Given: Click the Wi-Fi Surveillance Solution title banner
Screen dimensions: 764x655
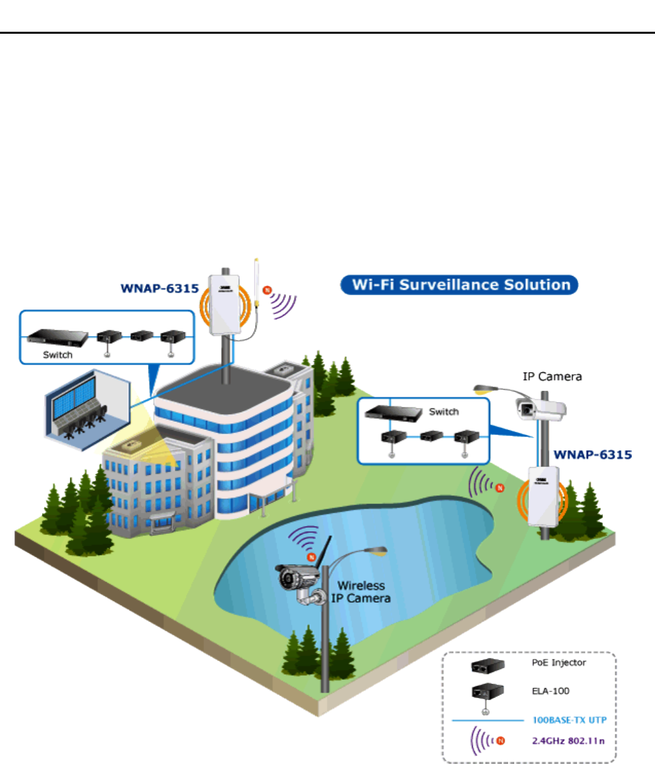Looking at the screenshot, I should [459, 285].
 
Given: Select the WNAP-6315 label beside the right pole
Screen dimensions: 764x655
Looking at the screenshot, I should [592, 455].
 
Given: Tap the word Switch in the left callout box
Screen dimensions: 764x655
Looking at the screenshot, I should [57, 355].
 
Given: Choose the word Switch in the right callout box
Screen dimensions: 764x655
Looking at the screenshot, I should [443, 411].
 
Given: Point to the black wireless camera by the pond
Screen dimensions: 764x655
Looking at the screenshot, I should [301, 577].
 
